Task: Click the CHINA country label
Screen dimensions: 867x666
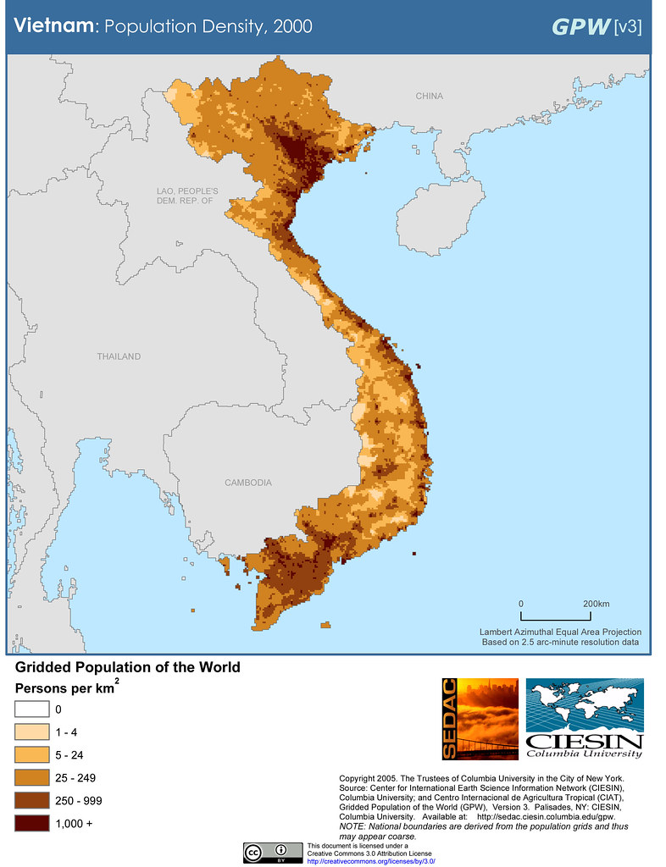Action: [x=429, y=97]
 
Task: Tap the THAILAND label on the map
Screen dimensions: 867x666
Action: [x=119, y=356]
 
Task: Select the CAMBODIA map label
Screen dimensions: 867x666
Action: [x=248, y=483]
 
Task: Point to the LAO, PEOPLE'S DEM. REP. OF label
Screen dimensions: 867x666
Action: [x=187, y=196]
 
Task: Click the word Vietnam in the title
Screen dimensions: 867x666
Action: [x=52, y=26]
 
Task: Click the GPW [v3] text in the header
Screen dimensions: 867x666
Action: [x=597, y=26]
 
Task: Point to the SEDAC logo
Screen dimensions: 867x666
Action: [x=480, y=719]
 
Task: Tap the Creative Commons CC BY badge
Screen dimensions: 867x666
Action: [x=273, y=852]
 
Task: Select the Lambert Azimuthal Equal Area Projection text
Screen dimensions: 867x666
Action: [x=560, y=632]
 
